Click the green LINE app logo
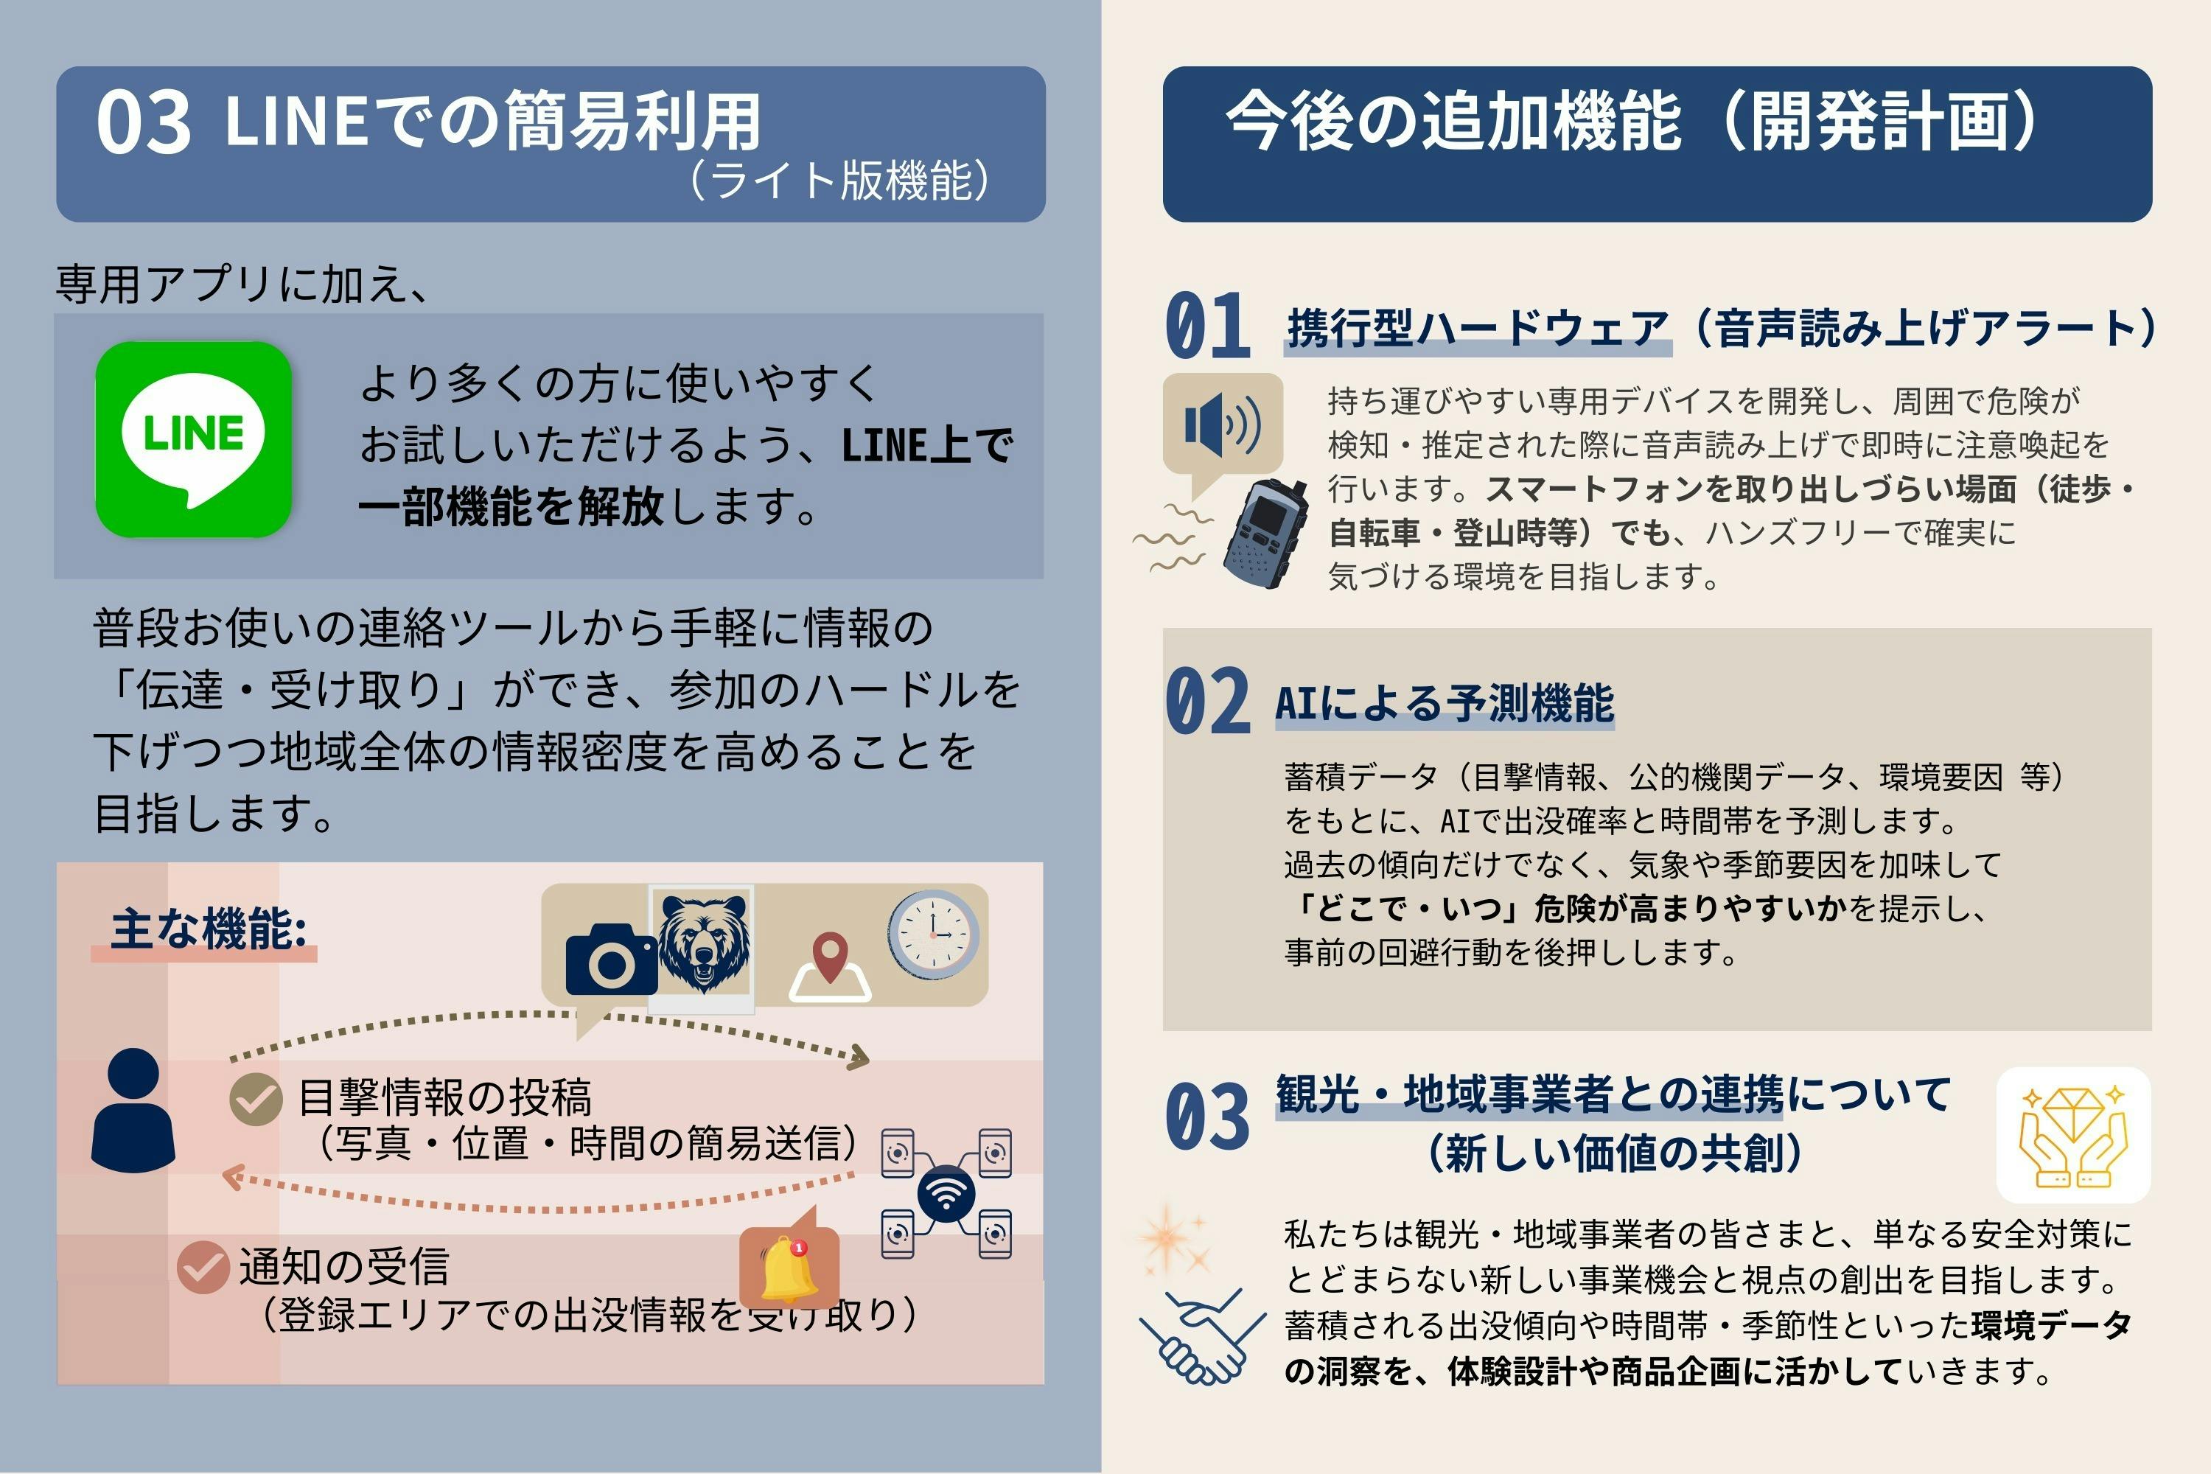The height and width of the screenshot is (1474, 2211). [x=194, y=439]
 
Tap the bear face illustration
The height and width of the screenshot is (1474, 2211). [x=703, y=945]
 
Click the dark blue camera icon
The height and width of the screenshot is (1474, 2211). [x=611, y=960]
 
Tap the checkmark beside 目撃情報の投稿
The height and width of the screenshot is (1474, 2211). [x=256, y=1098]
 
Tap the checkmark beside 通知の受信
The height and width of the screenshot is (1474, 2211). [x=203, y=1267]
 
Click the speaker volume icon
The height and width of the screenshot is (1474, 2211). [x=1221, y=425]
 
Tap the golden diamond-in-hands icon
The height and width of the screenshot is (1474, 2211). [x=2072, y=1136]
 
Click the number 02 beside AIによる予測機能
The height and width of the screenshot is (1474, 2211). [x=1207, y=702]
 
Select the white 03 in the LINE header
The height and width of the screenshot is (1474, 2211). [x=143, y=123]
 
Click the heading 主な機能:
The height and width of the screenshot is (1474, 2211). [x=209, y=929]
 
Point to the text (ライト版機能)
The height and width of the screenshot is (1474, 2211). [x=839, y=181]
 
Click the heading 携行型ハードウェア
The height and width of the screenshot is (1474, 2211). [x=1477, y=328]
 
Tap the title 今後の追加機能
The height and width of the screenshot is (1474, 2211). [x=1453, y=122]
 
